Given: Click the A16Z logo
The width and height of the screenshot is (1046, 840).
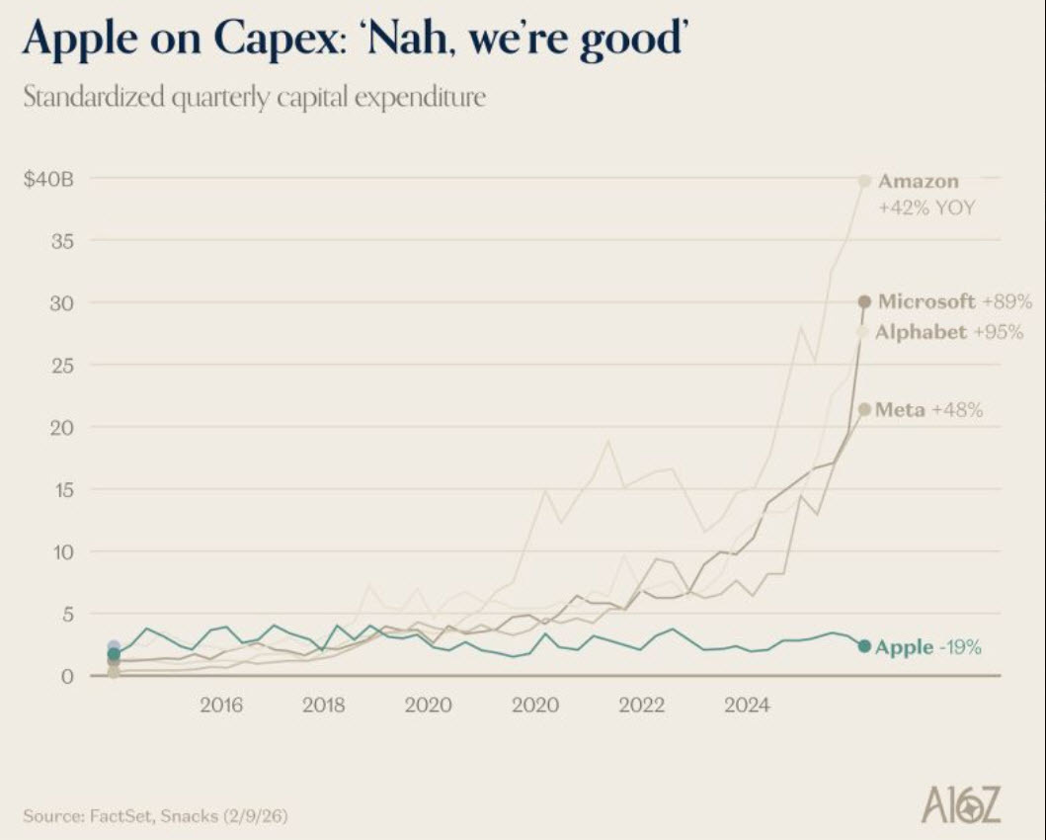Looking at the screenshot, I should pyautogui.click(x=960, y=805).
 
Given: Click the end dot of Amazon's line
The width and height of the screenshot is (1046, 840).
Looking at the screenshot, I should pyautogui.click(x=864, y=181).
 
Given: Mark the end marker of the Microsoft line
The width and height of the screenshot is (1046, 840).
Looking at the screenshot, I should pyautogui.click(x=864, y=301).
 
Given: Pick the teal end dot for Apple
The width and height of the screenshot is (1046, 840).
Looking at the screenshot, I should pyautogui.click(x=864, y=646).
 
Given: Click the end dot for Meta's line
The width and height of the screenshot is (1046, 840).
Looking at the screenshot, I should pyautogui.click(x=864, y=409).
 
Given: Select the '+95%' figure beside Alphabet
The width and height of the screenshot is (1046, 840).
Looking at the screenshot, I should pyautogui.click(x=1004, y=332).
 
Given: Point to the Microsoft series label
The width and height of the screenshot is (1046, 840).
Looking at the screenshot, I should pyautogui.click(x=926, y=301).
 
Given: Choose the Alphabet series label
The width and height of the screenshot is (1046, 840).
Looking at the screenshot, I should pyautogui.click(x=921, y=332).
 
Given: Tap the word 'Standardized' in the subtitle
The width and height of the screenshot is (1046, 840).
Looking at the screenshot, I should pyautogui.click(x=90, y=100).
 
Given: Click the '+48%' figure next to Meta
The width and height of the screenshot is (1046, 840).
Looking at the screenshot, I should pyautogui.click(x=956, y=409).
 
